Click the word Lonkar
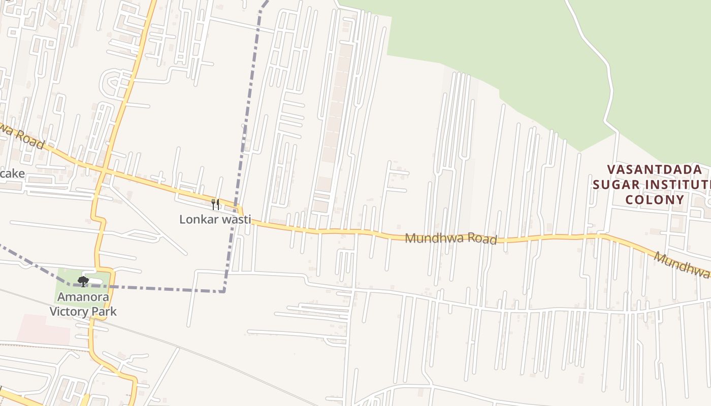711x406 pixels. [x=197, y=220]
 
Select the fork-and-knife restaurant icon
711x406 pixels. [x=215, y=205]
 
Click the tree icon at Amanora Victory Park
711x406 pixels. [x=83, y=281]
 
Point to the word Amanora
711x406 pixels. [x=83, y=297]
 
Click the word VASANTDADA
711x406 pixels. [x=655, y=170]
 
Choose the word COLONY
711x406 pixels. [x=655, y=199]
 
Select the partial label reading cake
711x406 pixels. [x=12, y=174]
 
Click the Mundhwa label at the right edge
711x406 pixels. [x=682, y=265]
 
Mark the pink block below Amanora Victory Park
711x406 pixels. [x=44, y=329]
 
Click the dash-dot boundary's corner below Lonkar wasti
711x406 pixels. [x=223, y=291]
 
